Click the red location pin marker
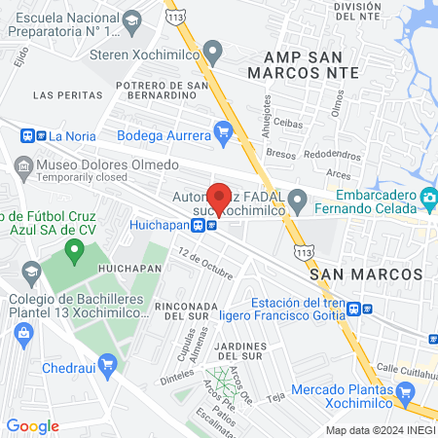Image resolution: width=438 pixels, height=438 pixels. (x=219, y=198)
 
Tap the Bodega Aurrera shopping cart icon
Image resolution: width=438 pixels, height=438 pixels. (x=224, y=129)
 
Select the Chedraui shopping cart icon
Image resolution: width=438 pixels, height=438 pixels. (x=107, y=365)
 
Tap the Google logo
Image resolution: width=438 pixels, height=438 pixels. (x=33, y=425)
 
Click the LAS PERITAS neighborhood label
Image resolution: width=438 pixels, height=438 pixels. (x=67, y=95)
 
